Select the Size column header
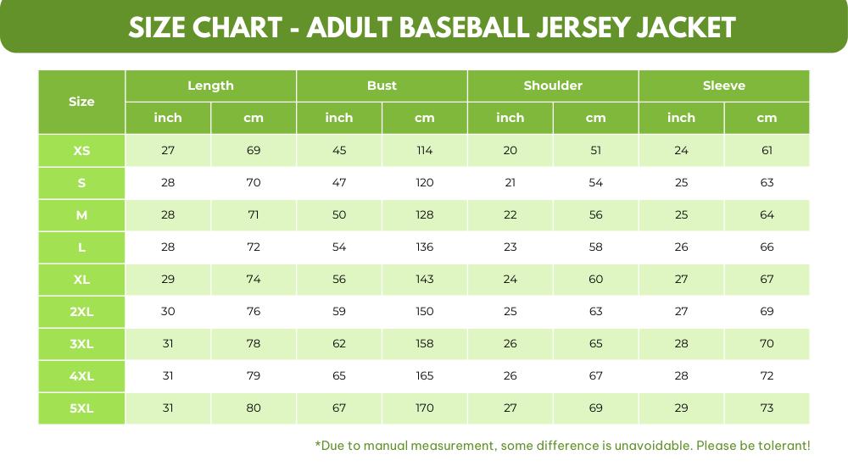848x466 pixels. tap(81, 102)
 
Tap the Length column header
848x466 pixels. tap(210, 86)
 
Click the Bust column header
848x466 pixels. tap(382, 86)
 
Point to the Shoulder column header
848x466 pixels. tap(553, 86)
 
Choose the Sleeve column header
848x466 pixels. tap(723, 86)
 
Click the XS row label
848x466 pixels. tap(81, 151)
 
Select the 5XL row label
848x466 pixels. tap(81, 408)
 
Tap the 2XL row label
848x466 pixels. tap(81, 311)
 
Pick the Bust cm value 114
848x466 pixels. tap(425, 151)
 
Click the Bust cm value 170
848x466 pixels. tap(425, 408)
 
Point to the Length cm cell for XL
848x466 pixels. tap(254, 280)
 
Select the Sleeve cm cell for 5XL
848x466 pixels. tap(767, 408)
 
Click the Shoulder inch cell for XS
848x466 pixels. tap(510, 151)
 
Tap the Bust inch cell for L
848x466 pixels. tap(339, 247)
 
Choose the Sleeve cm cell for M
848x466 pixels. tap(767, 215)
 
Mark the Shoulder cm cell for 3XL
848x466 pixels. tap(596, 343)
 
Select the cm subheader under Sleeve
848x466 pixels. tap(767, 118)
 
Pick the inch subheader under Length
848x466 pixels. tap(168, 118)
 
